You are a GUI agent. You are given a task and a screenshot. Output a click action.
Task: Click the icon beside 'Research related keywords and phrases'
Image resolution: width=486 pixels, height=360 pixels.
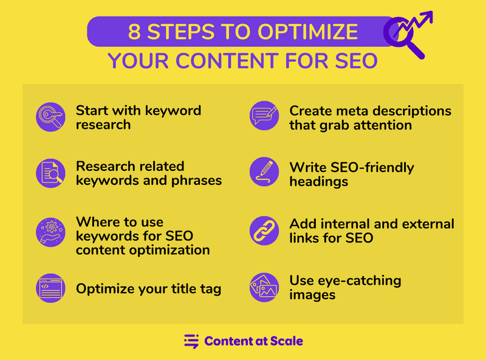point(50,173)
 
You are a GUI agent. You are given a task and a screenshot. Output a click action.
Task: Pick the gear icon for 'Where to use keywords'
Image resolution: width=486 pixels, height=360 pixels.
point(50,229)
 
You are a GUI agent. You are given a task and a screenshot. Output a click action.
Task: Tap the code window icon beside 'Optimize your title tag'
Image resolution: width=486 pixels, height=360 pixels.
point(50,288)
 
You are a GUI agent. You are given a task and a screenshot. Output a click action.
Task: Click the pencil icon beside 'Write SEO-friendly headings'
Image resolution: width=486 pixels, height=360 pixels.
point(264,173)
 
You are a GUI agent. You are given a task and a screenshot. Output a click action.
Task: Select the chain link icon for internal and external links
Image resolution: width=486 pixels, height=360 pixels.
point(264,229)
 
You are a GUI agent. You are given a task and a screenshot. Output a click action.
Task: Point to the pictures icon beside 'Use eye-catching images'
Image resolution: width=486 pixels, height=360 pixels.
point(264,288)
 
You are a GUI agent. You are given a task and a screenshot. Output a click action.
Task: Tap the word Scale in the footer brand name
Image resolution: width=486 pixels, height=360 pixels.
point(284,341)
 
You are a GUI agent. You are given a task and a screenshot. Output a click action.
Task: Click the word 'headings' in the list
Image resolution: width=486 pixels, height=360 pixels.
point(318,181)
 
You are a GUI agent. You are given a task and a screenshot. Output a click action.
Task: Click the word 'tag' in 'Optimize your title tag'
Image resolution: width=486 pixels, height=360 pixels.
point(208,288)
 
